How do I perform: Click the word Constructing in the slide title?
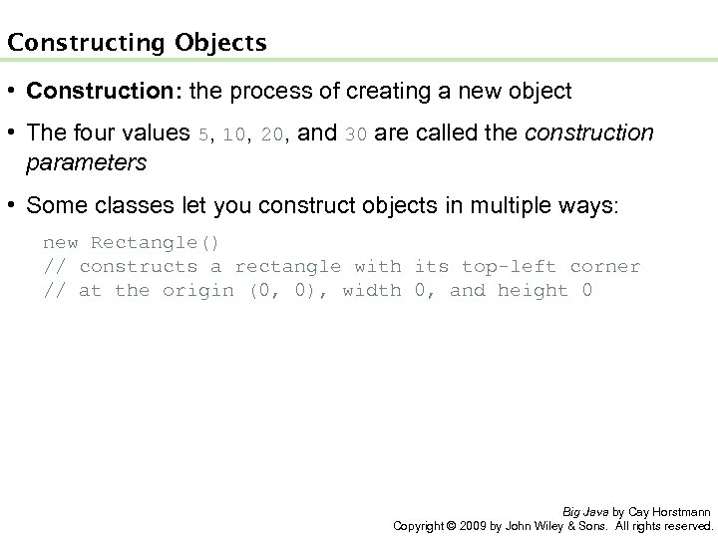(74, 43)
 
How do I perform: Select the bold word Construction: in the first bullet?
(91, 93)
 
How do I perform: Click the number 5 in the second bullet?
(204, 134)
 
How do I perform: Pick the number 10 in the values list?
(234, 134)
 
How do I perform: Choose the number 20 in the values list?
(271, 134)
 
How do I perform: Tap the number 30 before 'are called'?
(356, 134)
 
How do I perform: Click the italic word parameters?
(87, 161)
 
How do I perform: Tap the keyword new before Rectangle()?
(60, 242)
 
